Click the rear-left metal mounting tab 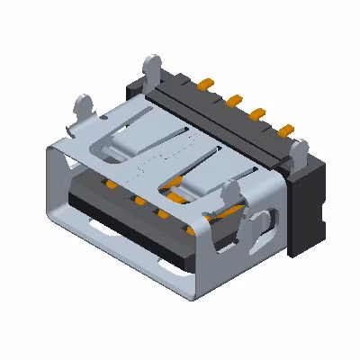(x=151, y=67)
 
